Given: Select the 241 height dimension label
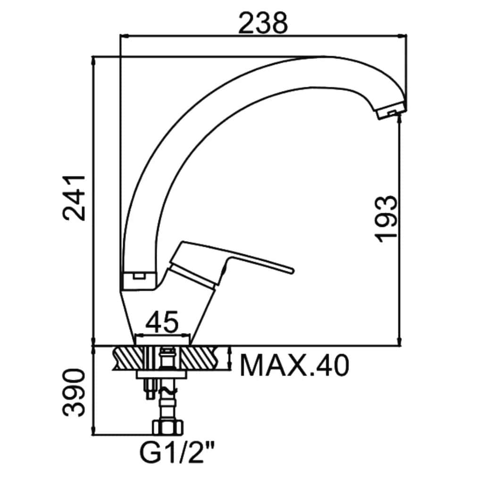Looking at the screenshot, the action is [74, 198].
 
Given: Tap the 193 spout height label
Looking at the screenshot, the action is [385, 219].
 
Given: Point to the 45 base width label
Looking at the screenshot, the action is [162, 321].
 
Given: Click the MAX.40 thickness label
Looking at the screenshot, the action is [294, 366].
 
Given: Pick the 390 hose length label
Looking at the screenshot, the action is [74, 393].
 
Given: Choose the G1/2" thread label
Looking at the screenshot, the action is [177, 453].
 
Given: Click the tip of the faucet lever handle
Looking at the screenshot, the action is [293, 271].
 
